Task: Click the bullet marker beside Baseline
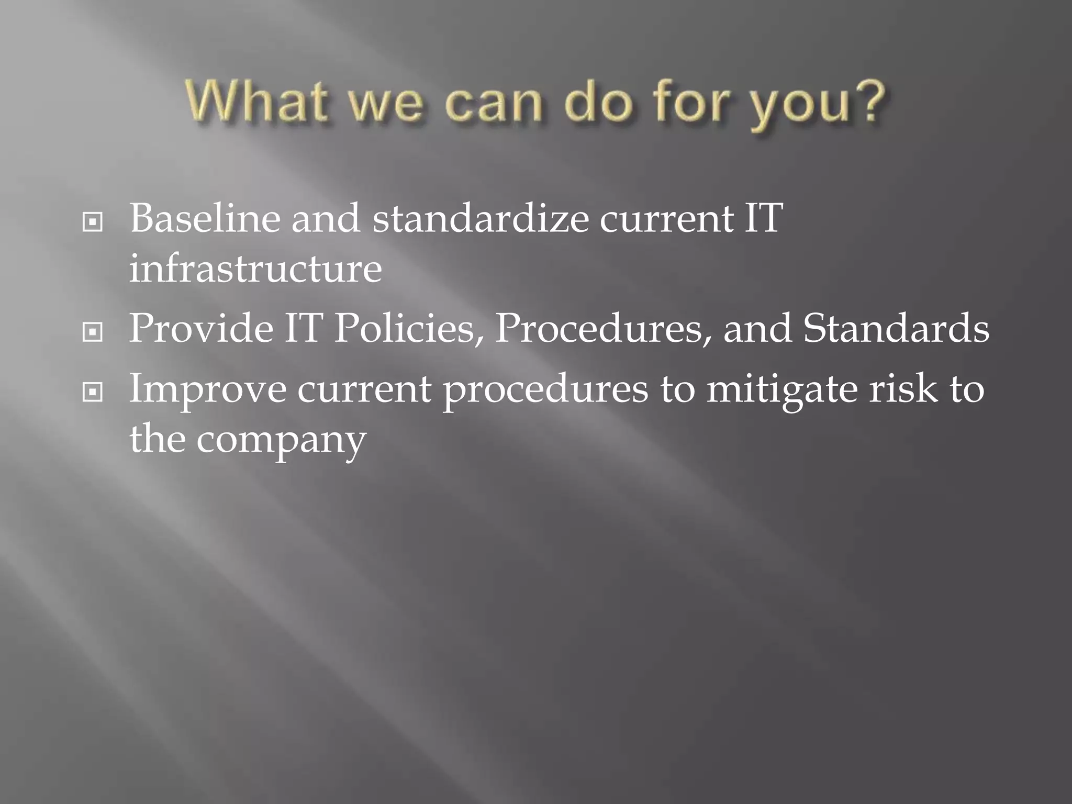point(93,222)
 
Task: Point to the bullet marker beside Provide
point(93,332)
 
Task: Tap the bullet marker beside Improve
point(93,392)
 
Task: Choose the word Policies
point(409,329)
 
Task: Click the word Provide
point(201,329)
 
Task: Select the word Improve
point(208,390)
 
